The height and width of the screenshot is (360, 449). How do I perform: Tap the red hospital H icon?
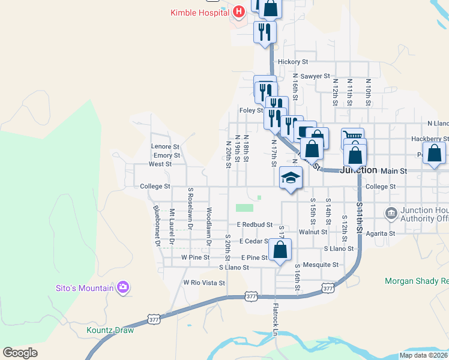point(239,11)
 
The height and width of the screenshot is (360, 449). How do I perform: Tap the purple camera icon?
point(123,287)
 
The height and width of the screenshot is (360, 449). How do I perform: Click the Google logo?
point(20,353)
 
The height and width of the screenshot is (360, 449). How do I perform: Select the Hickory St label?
point(293,62)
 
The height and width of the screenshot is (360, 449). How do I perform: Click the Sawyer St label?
point(315,76)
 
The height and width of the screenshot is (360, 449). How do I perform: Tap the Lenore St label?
point(165,146)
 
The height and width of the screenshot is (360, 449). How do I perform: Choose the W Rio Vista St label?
point(204,283)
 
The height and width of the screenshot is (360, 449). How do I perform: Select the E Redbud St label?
point(255,224)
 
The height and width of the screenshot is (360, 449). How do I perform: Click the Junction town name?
point(358,170)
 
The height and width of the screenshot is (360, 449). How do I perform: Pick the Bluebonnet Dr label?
point(156,226)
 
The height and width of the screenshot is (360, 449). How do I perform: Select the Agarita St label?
point(381,233)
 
